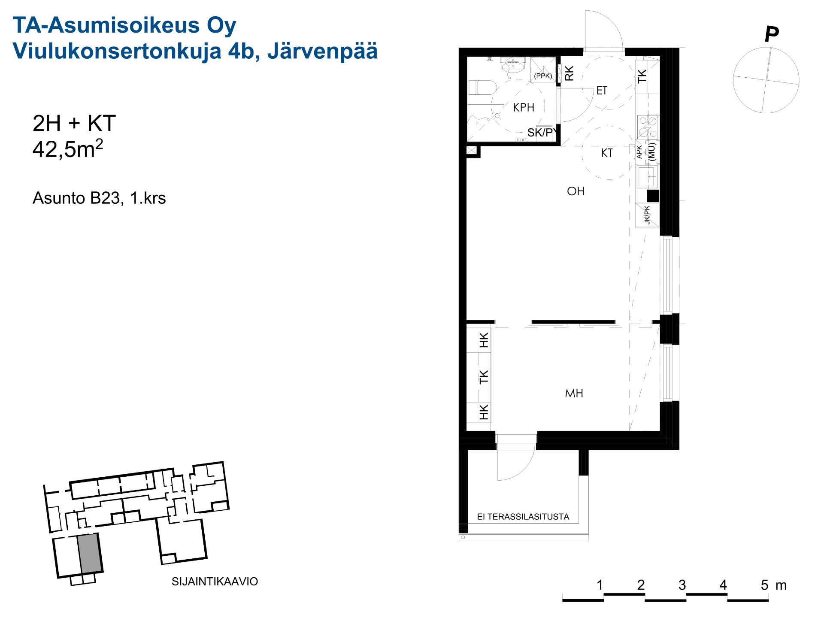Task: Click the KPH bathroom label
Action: [524, 107]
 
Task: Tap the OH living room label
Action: [576, 191]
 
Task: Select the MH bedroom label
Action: [574, 393]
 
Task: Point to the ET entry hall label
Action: [602, 91]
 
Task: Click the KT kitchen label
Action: [607, 153]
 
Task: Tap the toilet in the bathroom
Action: [482, 88]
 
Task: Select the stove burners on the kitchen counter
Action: [648, 127]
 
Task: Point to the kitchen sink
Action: [647, 176]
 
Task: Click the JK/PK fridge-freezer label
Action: [647, 215]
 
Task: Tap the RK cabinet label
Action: [569, 73]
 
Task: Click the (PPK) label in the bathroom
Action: [543, 76]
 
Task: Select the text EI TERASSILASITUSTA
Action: [523, 517]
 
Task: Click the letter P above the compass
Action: [771, 34]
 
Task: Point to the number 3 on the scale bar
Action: [682, 585]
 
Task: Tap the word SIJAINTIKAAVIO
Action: [215, 582]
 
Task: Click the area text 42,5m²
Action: [68, 148]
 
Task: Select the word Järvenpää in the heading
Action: [322, 51]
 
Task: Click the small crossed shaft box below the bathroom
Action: [471, 151]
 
